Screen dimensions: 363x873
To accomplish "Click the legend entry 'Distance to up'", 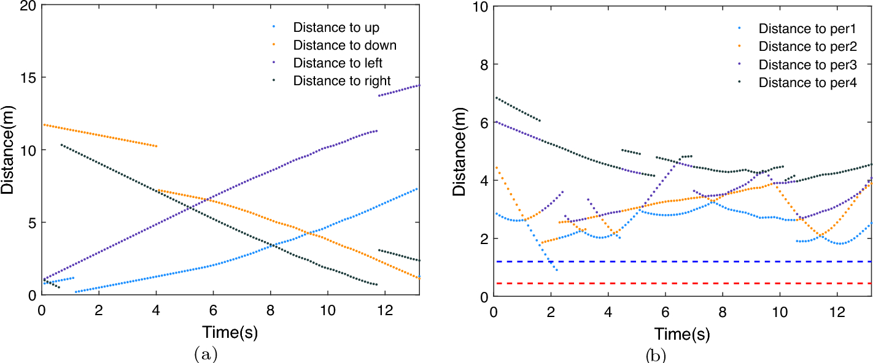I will [x=336, y=28].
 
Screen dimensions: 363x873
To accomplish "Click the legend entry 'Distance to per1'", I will [x=807, y=29].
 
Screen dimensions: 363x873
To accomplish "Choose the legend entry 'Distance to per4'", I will [x=807, y=82].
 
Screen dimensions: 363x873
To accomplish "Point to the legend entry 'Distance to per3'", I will [x=807, y=64].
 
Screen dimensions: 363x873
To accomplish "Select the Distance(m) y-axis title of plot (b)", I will [x=459, y=150].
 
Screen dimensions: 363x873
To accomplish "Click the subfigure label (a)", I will [x=204, y=354].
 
